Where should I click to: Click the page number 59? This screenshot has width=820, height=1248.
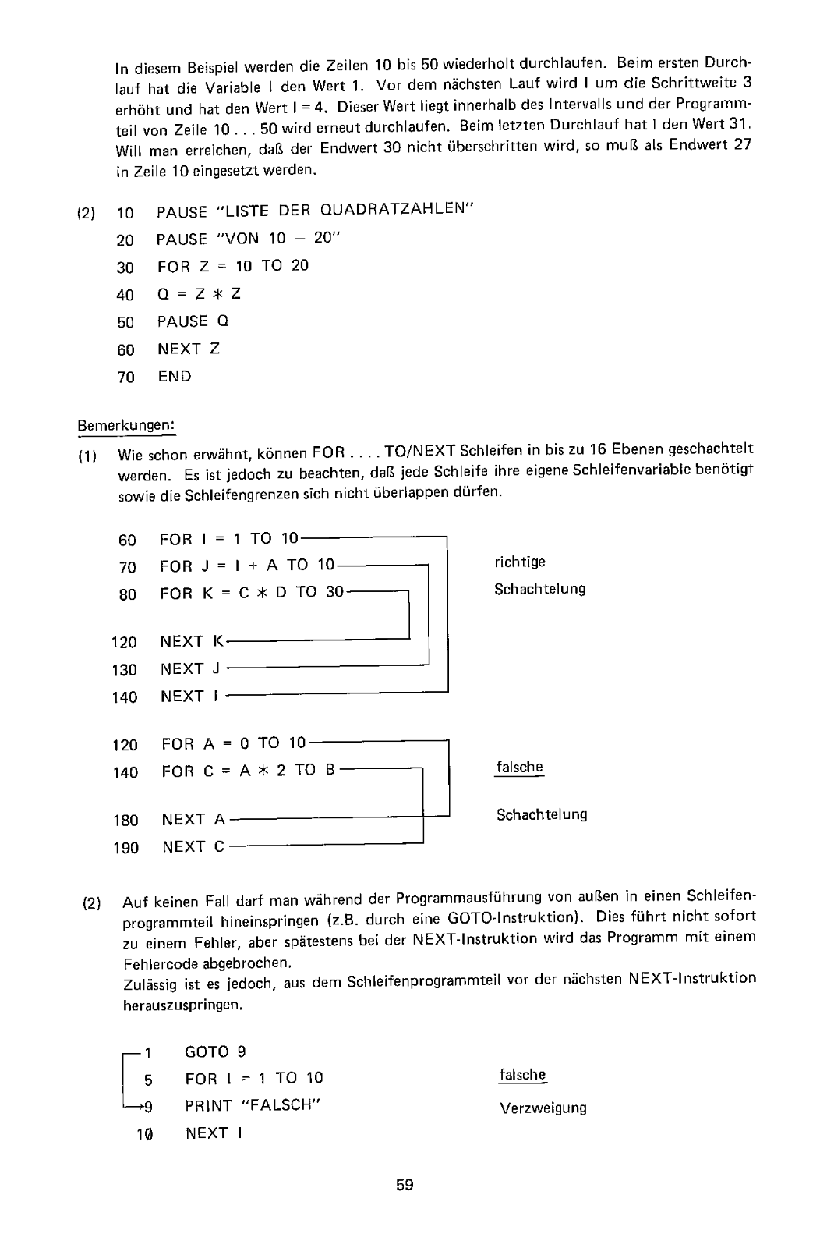[x=405, y=1186]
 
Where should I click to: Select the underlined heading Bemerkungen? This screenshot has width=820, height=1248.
[x=126, y=426]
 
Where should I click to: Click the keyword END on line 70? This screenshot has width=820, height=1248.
[x=175, y=377]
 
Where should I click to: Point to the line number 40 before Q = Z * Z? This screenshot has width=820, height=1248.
[x=125, y=295]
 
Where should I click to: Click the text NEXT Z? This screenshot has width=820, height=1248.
[x=189, y=349]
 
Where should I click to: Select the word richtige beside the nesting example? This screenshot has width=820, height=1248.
[x=520, y=562]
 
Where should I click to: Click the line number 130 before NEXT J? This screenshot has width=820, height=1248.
[x=125, y=669]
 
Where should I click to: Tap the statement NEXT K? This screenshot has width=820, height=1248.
[x=192, y=642]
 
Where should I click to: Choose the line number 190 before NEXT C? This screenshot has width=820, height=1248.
[x=125, y=847]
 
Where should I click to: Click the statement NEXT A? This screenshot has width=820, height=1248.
[x=193, y=819]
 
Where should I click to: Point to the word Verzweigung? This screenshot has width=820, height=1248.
[x=543, y=1108]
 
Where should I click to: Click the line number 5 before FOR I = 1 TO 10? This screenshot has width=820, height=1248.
[x=148, y=1080]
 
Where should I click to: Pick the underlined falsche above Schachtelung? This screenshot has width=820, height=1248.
[x=519, y=767]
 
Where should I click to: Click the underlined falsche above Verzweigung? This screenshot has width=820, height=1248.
[x=522, y=1075]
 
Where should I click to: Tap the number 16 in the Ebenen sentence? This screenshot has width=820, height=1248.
[x=599, y=450]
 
